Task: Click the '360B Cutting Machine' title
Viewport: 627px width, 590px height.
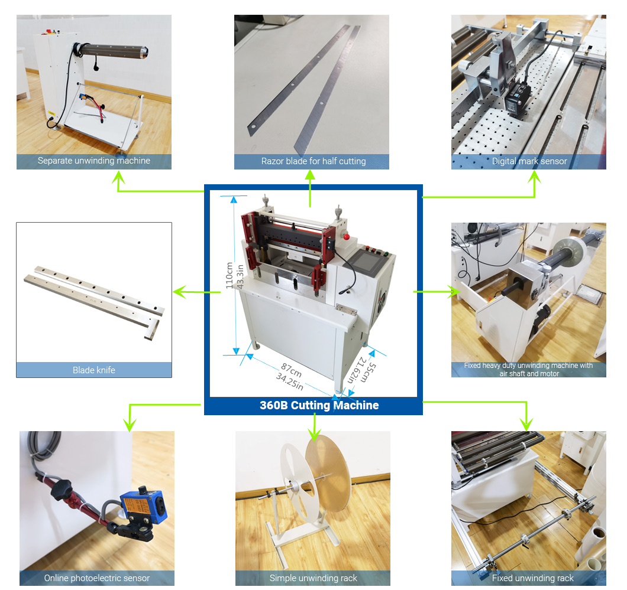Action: point(319,405)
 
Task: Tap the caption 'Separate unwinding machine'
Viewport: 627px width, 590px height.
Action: point(94,161)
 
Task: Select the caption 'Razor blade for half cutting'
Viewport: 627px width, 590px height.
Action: point(313,161)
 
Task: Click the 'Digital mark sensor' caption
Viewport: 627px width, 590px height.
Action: point(529,161)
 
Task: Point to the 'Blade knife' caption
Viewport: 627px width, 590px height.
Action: point(94,370)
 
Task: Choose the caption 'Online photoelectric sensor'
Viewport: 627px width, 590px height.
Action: point(97,578)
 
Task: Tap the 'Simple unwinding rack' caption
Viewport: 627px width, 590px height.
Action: point(313,578)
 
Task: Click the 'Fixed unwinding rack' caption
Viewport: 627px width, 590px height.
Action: point(532,578)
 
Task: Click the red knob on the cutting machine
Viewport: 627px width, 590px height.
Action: point(346,237)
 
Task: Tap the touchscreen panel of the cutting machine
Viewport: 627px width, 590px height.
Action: point(367,262)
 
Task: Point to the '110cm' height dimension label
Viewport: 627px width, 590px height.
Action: point(229,275)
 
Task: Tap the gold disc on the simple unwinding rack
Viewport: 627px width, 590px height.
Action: point(328,474)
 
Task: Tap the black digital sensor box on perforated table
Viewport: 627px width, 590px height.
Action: point(517,99)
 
